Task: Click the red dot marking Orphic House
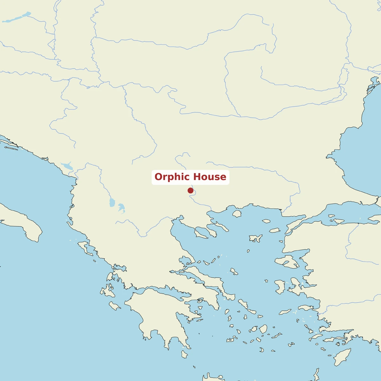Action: (x=190, y=190)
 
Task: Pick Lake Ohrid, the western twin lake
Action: (x=112, y=202)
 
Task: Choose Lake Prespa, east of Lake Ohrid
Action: (x=121, y=208)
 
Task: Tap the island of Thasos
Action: (x=237, y=213)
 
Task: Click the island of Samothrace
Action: (x=266, y=221)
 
